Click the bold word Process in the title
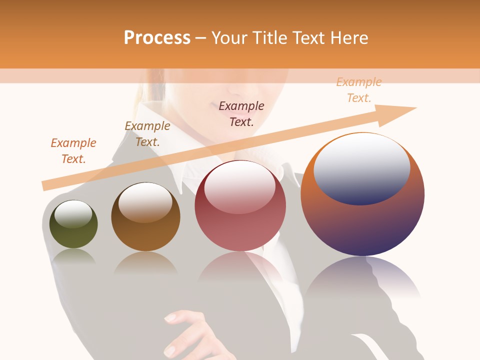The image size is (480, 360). (157, 37)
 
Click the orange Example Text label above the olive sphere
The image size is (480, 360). (73, 150)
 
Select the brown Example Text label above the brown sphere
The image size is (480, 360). (147, 133)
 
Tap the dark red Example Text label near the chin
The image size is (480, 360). (241, 113)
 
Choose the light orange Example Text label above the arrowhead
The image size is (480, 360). (358, 90)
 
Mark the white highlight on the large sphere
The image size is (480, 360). (361, 167)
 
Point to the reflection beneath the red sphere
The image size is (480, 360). (240, 265)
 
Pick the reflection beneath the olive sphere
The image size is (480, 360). (74, 256)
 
